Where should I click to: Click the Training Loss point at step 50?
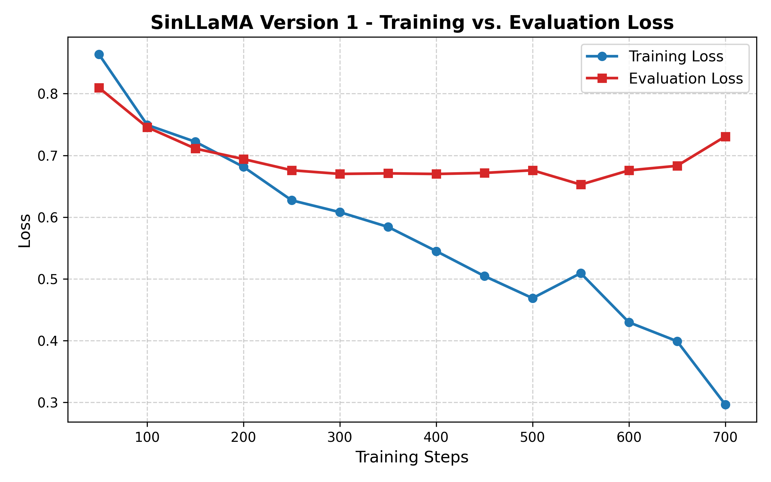tap(99, 55)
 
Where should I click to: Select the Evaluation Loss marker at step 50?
tap(99, 88)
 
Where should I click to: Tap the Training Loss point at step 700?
tap(725, 405)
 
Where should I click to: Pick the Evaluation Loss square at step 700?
tap(725, 137)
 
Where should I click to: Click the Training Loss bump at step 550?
tap(581, 273)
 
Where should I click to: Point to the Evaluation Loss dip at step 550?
tap(581, 184)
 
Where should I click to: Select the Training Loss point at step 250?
tap(292, 201)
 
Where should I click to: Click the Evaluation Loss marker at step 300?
tap(340, 174)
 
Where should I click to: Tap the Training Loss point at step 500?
tap(533, 298)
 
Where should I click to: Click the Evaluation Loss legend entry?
tap(686, 79)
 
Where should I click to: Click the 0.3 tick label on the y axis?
tap(47, 403)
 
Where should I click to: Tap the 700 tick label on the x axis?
tap(725, 438)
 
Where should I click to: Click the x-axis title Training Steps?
tap(412, 457)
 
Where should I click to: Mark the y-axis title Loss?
tap(25, 230)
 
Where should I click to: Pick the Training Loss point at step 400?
tap(436, 251)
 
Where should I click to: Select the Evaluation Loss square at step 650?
tap(677, 166)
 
